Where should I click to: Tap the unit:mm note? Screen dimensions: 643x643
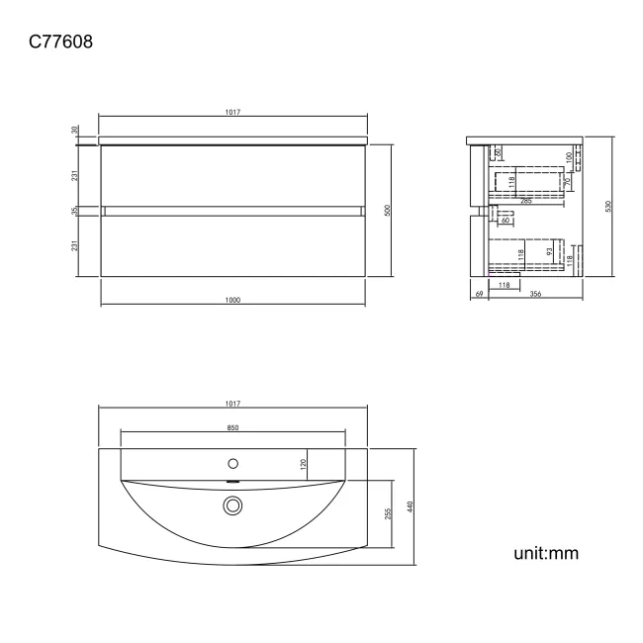tap(545, 552)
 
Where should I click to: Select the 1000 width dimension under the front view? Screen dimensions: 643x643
tap(233, 300)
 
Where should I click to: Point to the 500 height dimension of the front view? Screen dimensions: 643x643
tap(388, 210)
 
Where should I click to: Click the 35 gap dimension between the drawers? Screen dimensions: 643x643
tap(75, 211)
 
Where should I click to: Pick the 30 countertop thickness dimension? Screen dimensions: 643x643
tap(75, 130)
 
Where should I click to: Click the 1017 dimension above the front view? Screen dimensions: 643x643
tap(233, 113)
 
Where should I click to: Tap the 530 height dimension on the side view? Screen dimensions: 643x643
tap(608, 206)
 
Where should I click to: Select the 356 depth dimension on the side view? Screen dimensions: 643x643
tap(534, 294)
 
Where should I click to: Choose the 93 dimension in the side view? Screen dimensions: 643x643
tap(550, 253)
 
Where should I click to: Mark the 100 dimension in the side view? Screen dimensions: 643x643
tap(569, 156)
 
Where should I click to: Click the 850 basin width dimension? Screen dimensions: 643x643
tap(232, 427)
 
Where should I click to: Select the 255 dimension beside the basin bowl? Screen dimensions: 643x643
tap(389, 512)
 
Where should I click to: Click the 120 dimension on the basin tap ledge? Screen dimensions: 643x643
tap(303, 461)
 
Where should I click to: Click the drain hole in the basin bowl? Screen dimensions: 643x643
tap(233, 505)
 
